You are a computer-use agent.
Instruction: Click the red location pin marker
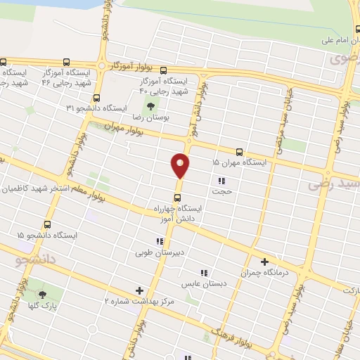[180, 166]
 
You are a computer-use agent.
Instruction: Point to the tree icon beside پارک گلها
[43, 295]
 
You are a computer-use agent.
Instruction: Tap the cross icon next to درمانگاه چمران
[265, 261]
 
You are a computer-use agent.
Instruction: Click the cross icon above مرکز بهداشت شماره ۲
[139, 290]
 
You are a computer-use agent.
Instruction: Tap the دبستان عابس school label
[202, 284]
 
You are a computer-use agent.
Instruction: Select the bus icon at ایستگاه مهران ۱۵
[240, 152]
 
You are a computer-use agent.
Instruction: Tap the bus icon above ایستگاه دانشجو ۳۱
[96, 98]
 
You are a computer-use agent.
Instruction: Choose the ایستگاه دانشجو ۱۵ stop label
[48, 235]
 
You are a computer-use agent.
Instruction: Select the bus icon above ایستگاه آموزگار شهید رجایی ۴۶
[67, 63]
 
